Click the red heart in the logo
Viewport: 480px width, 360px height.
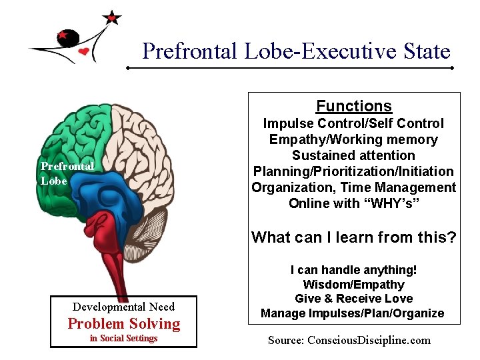point(84,52)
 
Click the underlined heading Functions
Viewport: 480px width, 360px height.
point(353,106)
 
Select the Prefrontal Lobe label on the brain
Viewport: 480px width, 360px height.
point(67,173)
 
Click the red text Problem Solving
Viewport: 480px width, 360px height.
point(124,324)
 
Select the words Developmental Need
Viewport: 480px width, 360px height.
point(123,307)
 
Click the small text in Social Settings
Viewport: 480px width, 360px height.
point(123,338)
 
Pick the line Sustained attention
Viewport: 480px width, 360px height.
point(353,155)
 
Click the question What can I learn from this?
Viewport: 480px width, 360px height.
point(353,237)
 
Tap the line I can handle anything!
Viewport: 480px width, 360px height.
point(353,270)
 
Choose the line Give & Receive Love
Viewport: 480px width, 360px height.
point(353,299)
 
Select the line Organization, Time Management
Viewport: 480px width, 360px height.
point(353,187)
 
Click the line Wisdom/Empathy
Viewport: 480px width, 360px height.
point(353,285)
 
